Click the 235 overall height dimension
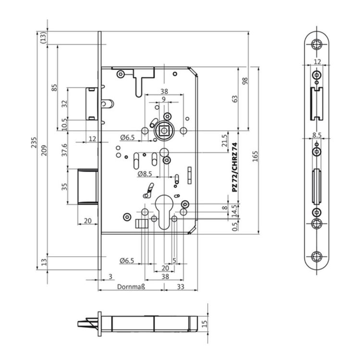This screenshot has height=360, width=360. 34,143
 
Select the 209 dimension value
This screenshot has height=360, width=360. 44,150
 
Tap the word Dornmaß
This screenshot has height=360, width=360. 131,287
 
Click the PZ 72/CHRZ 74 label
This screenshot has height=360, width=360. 234,168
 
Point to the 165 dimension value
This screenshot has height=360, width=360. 255,156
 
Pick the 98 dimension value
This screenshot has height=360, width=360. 245,81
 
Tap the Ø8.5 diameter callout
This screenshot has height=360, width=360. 144,174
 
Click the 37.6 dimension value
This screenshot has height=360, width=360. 64,150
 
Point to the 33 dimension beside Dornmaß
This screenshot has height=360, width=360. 180,287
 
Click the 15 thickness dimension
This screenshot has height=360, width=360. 204,324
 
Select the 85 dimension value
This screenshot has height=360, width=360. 54,88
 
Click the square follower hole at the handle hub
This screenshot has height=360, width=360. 164,131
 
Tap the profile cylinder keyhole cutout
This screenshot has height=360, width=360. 164,212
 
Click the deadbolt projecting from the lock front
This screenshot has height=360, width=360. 88,186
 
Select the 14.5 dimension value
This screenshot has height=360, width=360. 234,211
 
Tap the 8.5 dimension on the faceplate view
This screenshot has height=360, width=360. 317,135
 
